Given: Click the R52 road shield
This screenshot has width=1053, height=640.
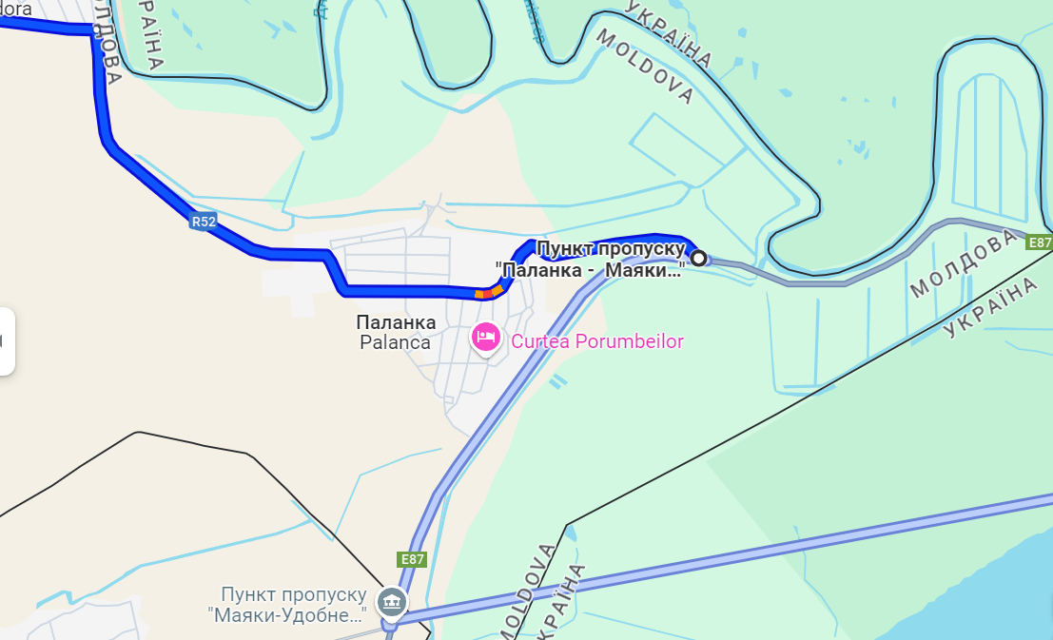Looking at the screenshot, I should click(x=203, y=223).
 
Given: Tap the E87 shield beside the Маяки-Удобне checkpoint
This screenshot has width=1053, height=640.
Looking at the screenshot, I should click(x=412, y=559).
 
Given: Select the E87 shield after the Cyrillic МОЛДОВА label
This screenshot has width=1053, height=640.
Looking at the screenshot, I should click(x=1041, y=242).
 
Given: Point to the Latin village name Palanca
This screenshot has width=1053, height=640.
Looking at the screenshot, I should click(x=395, y=342).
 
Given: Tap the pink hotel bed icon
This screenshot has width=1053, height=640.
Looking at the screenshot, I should click(x=486, y=337).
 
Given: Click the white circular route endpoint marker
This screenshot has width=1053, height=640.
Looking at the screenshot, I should click(x=698, y=258).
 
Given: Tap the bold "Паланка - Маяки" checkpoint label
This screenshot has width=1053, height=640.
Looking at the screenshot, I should click(x=590, y=270).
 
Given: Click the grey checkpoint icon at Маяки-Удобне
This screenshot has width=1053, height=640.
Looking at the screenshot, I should click(x=391, y=602).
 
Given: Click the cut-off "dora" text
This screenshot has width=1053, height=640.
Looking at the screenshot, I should click(x=16, y=9).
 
